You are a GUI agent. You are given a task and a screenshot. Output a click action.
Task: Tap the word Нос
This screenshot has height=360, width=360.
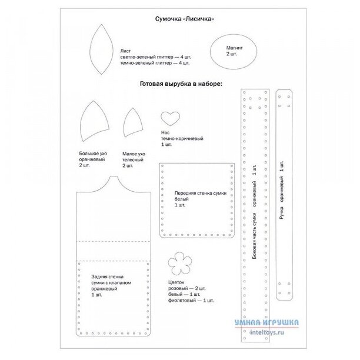(x=165, y=132)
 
